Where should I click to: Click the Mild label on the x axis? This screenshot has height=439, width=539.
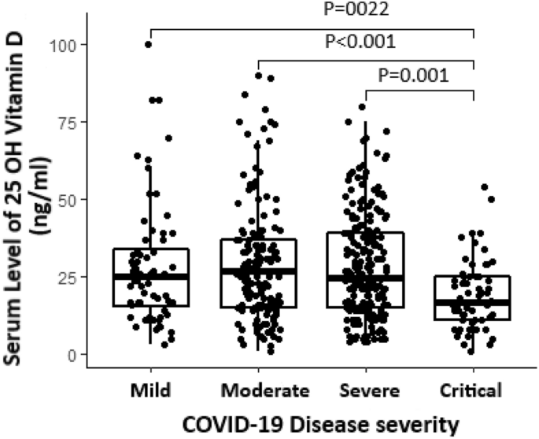[x=150, y=391]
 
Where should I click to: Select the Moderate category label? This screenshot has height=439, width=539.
[x=265, y=391]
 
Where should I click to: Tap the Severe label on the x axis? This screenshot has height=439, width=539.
[x=370, y=391]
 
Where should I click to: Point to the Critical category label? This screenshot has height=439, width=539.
[x=471, y=391]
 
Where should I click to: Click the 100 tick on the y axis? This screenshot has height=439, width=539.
[x=63, y=45]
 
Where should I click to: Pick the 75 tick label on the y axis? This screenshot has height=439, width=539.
[x=67, y=122]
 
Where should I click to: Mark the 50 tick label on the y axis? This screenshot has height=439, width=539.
[x=67, y=199]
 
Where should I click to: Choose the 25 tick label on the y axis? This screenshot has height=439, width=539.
[x=67, y=277]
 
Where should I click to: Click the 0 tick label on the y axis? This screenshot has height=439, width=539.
[x=71, y=355]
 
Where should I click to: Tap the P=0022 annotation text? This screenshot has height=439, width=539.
[x=356, y=9]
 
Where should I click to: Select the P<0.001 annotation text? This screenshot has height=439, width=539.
[x=360, y=42]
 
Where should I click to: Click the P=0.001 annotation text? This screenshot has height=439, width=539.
[x=414, y=76]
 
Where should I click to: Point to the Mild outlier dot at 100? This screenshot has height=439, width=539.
[x=149, y=44]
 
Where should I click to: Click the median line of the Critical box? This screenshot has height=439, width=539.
[x=472, y=303]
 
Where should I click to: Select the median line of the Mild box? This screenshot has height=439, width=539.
[x=151, y=277]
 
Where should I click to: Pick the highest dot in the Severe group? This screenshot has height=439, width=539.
[x=362, y=107]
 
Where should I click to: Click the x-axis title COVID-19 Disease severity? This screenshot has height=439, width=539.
[x=321, y=425]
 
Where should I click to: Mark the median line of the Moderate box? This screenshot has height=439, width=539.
[x=259, y=271]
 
